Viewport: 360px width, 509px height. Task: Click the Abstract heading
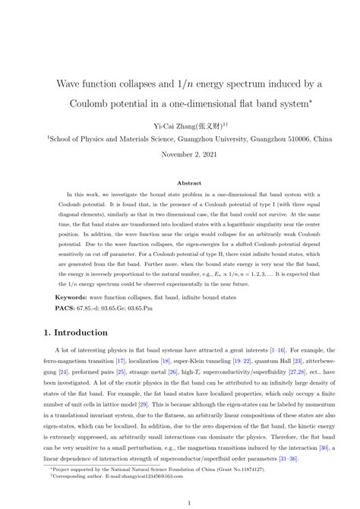tap(179, 183)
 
